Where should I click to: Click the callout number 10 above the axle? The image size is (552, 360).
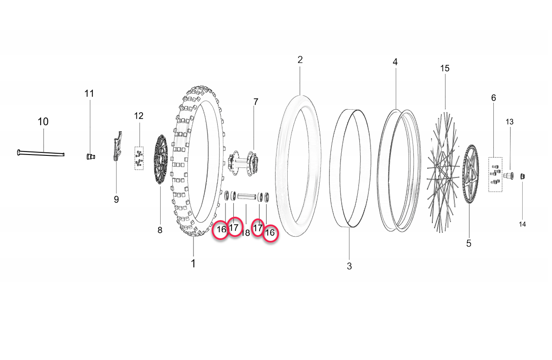point(43,122)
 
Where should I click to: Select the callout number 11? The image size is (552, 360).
point(89,94)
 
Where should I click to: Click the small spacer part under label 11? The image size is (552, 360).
point(89,156)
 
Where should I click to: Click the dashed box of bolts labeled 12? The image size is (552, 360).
point(139,158)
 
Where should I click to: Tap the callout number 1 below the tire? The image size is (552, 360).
point(193,263)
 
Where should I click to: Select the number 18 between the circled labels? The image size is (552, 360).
point(246,233)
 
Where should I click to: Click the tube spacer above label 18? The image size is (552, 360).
point(247,197)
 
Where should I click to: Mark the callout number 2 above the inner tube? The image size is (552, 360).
point(300,60)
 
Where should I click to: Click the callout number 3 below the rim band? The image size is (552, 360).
point(349,266)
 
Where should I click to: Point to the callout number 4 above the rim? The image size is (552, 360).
point(395,62)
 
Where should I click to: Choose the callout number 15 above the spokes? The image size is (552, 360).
point(445,68)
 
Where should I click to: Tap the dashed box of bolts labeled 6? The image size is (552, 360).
point(495,174)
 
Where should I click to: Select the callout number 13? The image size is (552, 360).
point(510,122)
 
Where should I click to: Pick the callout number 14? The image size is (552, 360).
point(523,224)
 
